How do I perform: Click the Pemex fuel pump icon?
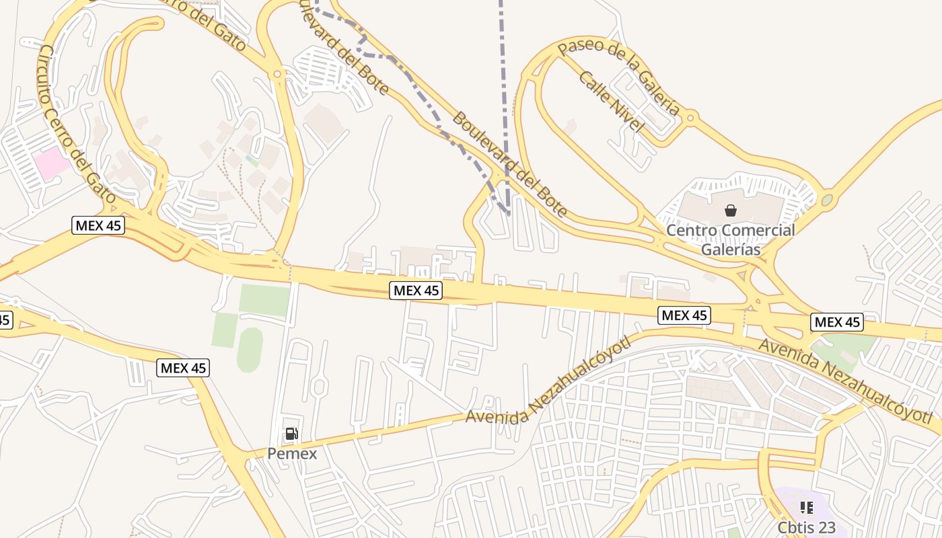(x=291, y=434)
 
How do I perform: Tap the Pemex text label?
(x=292, y=454)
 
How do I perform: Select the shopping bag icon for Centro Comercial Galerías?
(x=731, y=210)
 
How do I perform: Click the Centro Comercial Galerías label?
(x=730, y=240)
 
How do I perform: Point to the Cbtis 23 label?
(x=807, y=528)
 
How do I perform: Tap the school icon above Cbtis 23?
(x=806, y=508)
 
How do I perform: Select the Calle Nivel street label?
(x=611, y=102)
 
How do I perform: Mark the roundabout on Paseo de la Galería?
(x=690, y=118)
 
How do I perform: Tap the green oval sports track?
(x=250, y=350)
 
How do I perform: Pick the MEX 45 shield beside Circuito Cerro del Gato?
(x=98, y=225)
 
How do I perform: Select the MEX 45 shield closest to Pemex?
(x=183, y=368)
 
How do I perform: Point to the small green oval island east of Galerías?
(x=826, y=200)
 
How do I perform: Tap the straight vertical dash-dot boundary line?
(x=503, y=101)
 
